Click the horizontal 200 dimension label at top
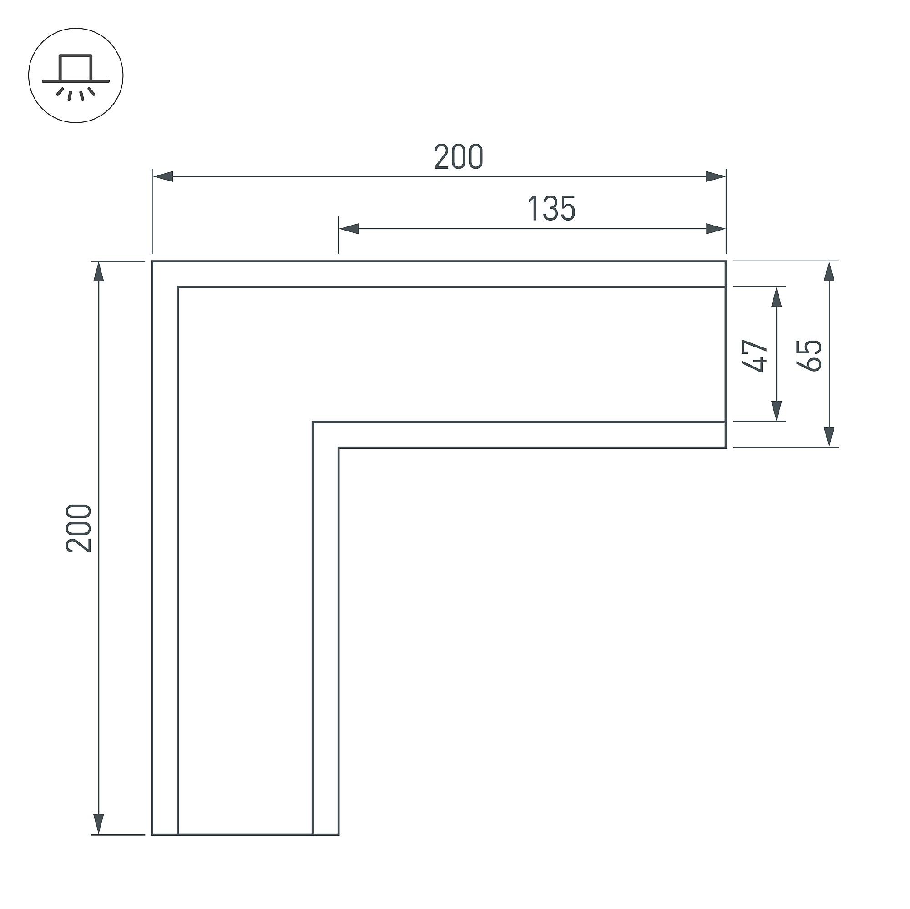pyautogui.click(x=458, y=157)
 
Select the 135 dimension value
pyautogui.click(x=551, y=209)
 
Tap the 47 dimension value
pyautogui.click(x=754, y=356)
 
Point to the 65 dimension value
pyautogui.click(x=809, y=356)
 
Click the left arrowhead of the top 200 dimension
pyautogui.click(x=163, y=177)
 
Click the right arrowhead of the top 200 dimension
pyautogui.click(x=715, y=177)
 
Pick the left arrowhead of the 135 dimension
pyautogui.click(x=349, y=229)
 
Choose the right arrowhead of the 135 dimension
pyautogui.click(x=715, y=229)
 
